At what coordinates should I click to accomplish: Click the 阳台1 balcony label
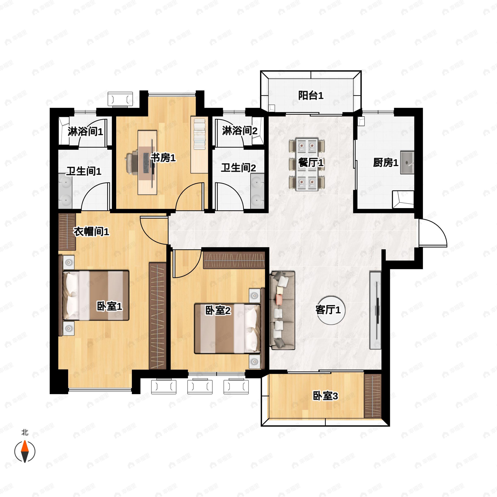311,96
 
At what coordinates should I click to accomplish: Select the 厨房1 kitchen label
386,163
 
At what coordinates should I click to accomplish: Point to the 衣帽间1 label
91,232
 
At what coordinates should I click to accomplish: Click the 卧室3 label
325,396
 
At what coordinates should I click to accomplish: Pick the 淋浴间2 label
240,131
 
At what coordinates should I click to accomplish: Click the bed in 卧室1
96,295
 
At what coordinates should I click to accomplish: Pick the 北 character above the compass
25,432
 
